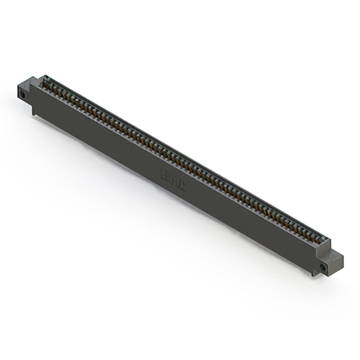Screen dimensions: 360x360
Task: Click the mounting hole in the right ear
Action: [323, 266]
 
